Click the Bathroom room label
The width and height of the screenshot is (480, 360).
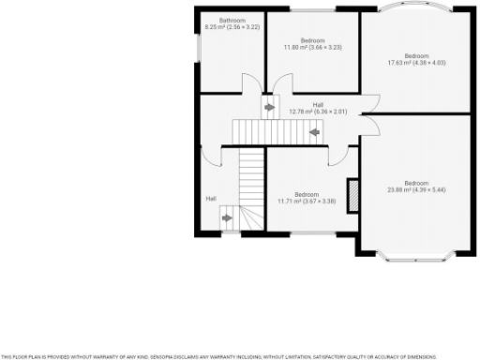tap(232, 21)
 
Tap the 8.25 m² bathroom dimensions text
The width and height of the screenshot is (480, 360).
tap(232, 27)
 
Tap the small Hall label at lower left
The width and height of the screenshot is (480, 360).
tap(211, 199)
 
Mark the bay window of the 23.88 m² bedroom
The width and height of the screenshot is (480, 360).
tap(415, 253)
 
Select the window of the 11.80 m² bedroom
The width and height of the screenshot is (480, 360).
tap(312, 9)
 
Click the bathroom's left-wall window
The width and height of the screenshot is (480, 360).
tap(200, 48)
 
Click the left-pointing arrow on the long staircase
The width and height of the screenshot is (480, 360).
tap(313, 132)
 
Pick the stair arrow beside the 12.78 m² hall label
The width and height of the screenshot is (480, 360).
tap(270, 108)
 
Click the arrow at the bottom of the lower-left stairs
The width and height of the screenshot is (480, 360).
tap(228, 221)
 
